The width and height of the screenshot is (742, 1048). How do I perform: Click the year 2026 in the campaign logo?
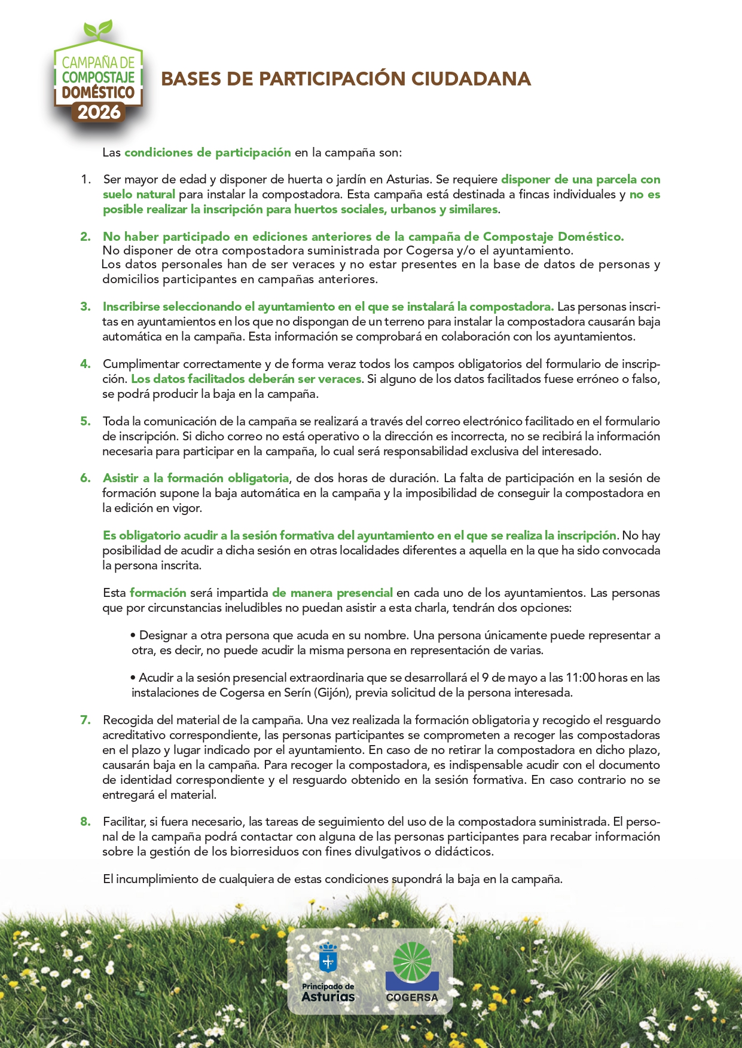point(99,112)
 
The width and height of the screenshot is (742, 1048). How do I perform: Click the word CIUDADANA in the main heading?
point(472,79)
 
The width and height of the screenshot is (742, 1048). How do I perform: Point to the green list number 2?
point(86,237)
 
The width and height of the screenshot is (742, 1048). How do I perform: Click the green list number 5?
point(86,421)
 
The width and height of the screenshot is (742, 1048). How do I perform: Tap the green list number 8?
point(86,822)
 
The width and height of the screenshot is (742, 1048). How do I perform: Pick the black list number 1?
point(86,179)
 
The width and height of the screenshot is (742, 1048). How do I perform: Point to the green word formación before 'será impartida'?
point(158,593)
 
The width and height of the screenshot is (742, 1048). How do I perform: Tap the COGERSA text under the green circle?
point(412,997)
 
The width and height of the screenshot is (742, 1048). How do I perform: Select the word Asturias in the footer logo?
point(328,996)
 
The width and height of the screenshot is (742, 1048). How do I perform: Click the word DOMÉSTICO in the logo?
point(99,93)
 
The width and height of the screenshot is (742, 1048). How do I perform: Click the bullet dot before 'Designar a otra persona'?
point(133,635)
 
